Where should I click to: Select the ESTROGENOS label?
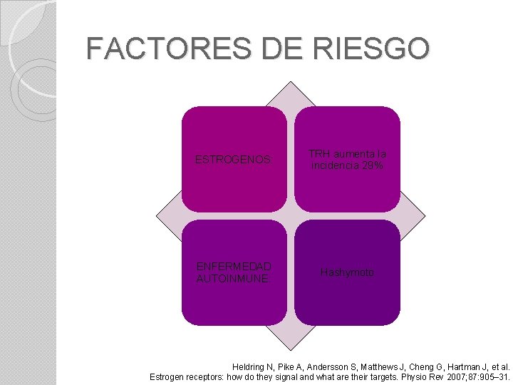coord(233,160)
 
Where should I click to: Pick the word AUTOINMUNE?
coord(232,279)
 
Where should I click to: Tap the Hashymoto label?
coord(347,272)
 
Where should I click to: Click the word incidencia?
coord(335,165)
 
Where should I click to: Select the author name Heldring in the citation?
coord(250,366)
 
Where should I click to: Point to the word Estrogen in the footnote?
coord(169,376)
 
